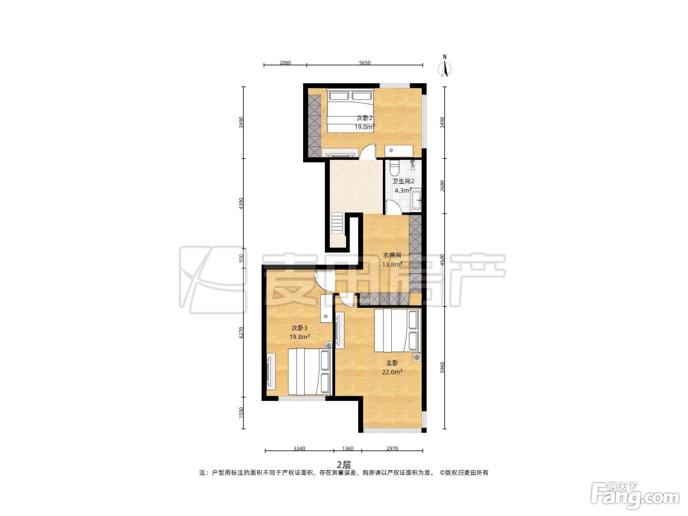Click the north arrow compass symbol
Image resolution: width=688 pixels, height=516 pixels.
tap(445, 67)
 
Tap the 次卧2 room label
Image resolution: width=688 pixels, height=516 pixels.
tap(365, 118)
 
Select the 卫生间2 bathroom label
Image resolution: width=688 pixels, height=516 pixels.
tap(403, 181)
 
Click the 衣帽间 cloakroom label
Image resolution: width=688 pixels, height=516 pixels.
tap(392, 255)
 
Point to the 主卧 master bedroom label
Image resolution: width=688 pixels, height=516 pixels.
tap(392, 363)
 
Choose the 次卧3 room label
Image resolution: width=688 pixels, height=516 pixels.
tap(299, 328)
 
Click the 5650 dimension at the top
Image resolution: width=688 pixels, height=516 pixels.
tap(365, 63)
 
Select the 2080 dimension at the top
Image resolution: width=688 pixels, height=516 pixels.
tap(285, 63)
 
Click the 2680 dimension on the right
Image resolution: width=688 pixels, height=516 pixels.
tap(442, 186)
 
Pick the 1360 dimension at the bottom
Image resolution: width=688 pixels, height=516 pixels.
tap(347, 448)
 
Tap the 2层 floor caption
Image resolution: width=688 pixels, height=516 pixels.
tap(344, 464)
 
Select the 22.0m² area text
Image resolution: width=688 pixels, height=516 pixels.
tap(392, 372)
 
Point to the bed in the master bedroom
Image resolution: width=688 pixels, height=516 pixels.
tap(397, 331)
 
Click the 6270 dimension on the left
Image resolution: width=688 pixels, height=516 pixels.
tap(241, 332)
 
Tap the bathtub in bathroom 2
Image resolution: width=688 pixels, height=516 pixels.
tap(416, 200)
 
